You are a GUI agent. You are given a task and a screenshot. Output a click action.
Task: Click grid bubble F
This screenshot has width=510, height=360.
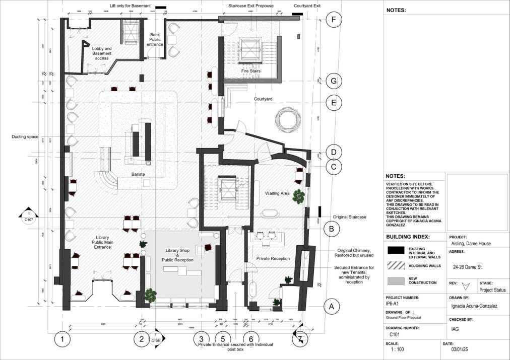tap(334, 20)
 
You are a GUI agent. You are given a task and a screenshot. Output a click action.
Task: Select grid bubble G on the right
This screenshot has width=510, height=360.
tap(334, 81)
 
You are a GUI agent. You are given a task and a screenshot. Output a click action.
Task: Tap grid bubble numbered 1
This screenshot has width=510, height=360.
tap(62, 339)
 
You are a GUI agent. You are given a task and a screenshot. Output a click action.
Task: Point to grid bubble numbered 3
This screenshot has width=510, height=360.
tap(201, 339)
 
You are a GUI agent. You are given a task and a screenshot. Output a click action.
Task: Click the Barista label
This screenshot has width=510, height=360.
tap(138, 174)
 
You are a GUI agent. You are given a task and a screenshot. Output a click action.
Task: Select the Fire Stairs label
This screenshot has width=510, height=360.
tap(250, 71)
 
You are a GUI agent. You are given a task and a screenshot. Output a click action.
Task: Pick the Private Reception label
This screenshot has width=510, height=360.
tap(273, 259)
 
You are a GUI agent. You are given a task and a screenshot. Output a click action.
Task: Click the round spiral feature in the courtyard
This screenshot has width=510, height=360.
tap(288, 121)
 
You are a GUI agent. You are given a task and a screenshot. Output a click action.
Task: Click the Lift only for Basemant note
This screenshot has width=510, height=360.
tap(131, 6)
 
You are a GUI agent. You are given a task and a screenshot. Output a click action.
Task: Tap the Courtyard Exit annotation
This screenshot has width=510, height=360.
tap(307, 6)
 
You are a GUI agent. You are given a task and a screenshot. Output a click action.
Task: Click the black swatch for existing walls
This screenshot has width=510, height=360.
tap(397, 249)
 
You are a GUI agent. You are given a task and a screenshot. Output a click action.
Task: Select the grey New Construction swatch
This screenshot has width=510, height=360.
tap(397, 280)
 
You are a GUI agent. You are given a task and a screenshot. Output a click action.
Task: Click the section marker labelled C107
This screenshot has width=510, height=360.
tap(29, 217)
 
